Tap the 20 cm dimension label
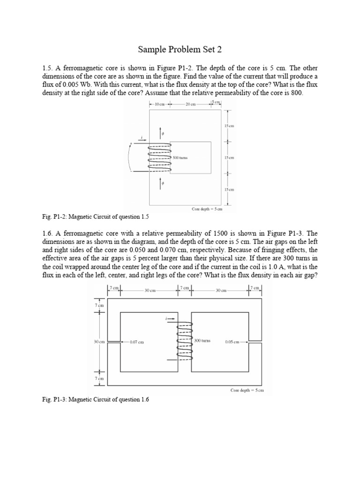[x=190, y=104]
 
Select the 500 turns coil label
[x=180, y=158]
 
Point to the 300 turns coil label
[x=202, y=340]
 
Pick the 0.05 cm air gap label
[x=232, y=342]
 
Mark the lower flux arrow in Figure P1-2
[x=161, y=183]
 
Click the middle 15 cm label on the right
[x=229, y=158]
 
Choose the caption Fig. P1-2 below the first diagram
[x=96, y=217]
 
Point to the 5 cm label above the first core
[x=216, y=102]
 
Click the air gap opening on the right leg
[x=255, y=341]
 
